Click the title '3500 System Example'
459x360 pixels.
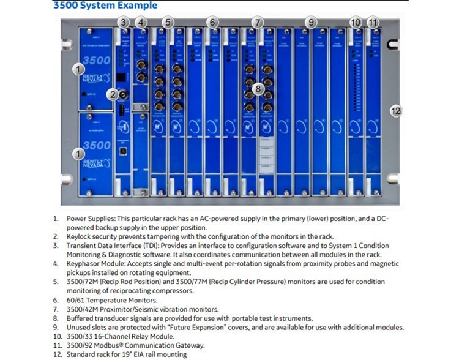[x=105, y=6]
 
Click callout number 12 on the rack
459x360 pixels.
[x=396, y=111]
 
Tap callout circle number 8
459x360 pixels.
[x=259, y=89]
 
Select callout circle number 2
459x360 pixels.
[x=112, y=94]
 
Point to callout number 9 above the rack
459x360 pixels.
[x=312, y=23]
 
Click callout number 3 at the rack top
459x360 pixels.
[x=124, y=23]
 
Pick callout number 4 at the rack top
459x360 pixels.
[x=142, y=23]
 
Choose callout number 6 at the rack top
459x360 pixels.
[x=212, y=23]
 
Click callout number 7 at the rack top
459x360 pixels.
[x=258, y=23]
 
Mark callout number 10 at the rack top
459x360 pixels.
[x=356, y=23]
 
